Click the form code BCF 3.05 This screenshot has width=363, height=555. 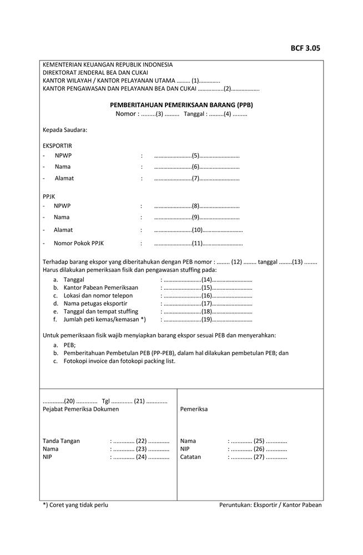pos(305,48)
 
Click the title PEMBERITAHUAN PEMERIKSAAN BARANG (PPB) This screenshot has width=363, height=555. pos(181,104)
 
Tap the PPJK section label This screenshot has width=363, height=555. pos(49,196)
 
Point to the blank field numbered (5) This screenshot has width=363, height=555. pos(196,156)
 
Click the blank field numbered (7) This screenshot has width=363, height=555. pos(196,179)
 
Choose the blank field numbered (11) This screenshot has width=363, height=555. pos(198,243)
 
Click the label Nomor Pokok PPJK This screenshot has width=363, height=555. pos(79,243)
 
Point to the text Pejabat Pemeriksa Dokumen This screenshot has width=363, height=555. pos(80,409)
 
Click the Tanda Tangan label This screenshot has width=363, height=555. pos(61,441)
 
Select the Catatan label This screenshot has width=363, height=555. pos(190,457)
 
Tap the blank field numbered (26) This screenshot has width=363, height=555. pos(258,449)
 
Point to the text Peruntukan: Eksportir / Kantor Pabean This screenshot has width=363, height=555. pos(270,505)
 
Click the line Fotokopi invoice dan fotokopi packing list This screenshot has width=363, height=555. pos(119,361)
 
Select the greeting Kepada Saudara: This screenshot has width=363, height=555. pos(65,130)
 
